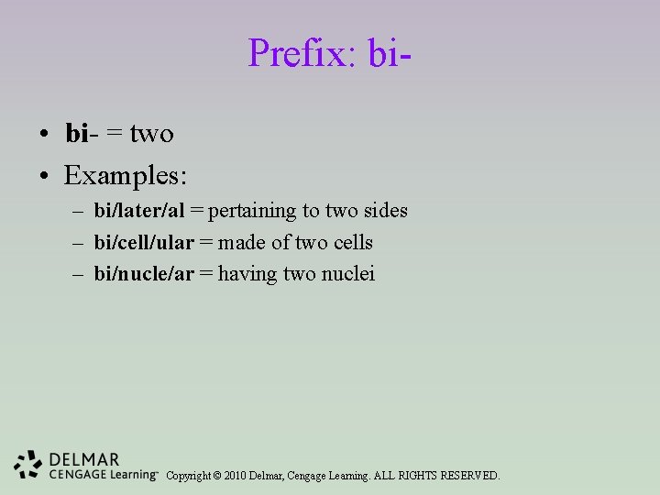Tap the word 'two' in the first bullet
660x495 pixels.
151,134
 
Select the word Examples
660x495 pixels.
125,173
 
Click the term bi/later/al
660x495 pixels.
139,211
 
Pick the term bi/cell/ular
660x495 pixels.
144,242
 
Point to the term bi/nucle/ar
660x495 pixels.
144,273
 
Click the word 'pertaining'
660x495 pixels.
252,211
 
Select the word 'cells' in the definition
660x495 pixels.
353,242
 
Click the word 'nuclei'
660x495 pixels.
347,273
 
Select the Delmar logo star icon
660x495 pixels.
28,465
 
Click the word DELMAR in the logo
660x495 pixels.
83,459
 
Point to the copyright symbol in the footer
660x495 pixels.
217,476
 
